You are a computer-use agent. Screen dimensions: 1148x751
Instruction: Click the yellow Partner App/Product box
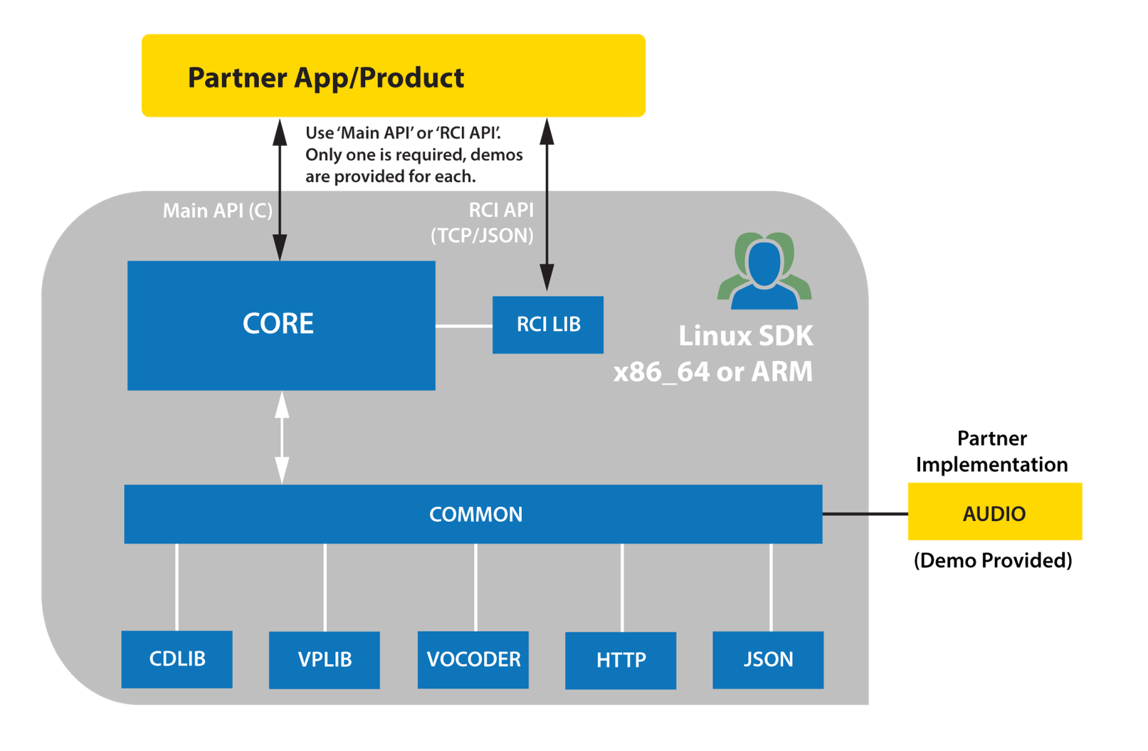click(394, 75)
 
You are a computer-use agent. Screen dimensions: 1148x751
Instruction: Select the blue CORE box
click(281, 325)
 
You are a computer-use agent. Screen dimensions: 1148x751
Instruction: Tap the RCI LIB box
click(548, 325)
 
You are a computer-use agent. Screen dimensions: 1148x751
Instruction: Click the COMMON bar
click(473, 514)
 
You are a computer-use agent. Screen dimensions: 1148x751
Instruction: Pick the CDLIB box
click(177, 659)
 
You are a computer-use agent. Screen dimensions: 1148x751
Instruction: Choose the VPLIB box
click(325, 660)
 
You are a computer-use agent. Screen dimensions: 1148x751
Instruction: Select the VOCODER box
click(473, 660)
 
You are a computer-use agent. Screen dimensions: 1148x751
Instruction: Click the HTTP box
click(621, 661)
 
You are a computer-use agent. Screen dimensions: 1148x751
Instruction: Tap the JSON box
click(768, 660)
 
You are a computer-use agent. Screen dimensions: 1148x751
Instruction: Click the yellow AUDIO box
click(995, 511)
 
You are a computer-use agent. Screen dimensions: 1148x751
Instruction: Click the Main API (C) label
click(217, 211)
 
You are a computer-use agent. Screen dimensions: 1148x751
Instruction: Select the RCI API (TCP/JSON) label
click(483, 223)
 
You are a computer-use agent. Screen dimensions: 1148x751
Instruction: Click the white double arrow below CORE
click(282, 437)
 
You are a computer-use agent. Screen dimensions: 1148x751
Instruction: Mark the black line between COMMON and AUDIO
click(865, 513)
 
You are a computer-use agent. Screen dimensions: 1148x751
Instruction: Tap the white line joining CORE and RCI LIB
click(464, 325)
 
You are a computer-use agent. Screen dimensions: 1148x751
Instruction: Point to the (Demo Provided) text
click(993, 560)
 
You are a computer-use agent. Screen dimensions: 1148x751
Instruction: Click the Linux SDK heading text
click(746, 336)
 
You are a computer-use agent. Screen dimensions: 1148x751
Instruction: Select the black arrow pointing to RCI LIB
click(547, 204)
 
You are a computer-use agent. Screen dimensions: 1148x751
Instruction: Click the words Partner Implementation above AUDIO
click(991, 451)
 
